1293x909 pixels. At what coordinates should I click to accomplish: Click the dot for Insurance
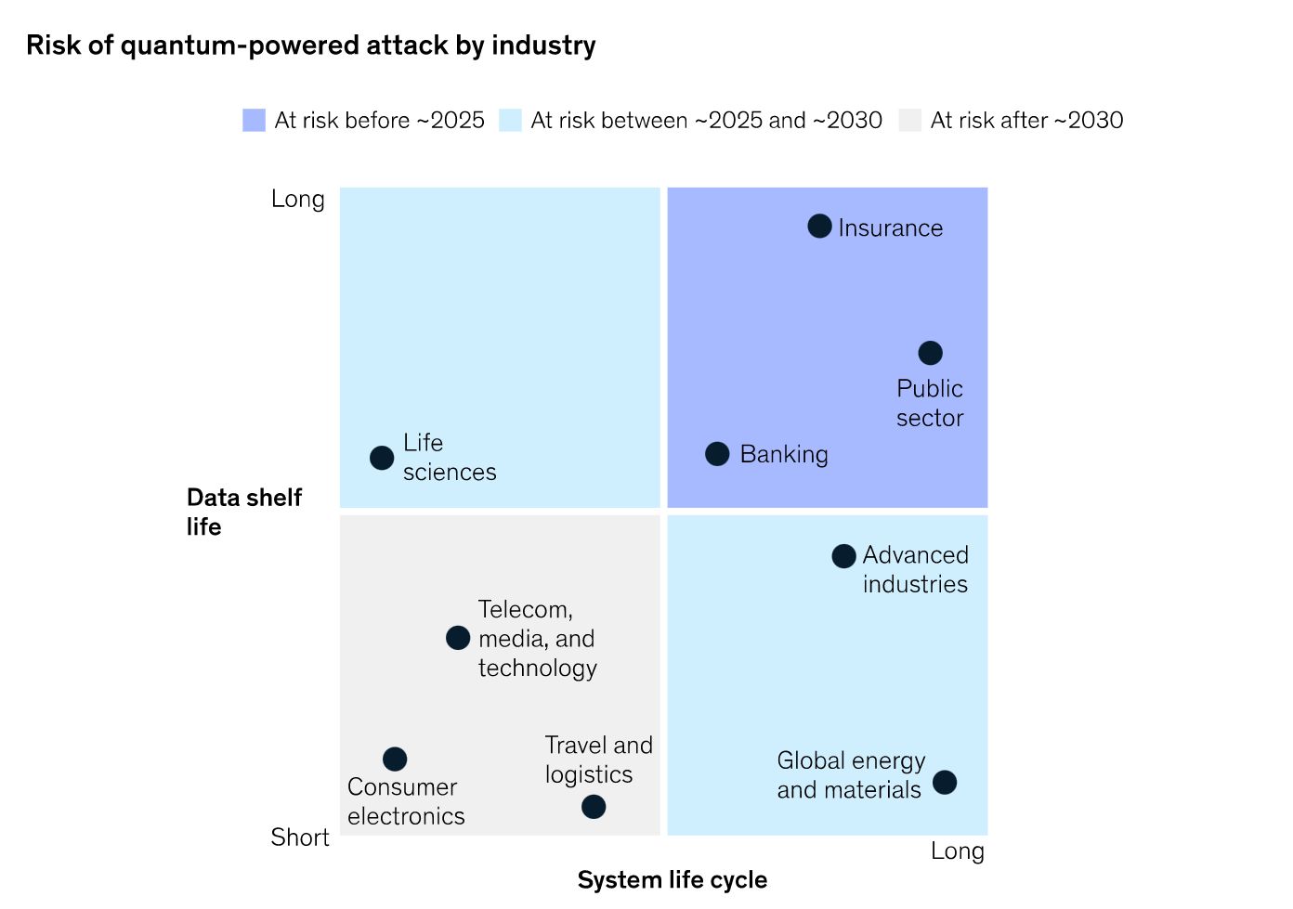[x=819, y=226]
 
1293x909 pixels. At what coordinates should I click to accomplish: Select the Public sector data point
[x=930, y=353]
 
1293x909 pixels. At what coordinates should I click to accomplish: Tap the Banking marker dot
[x=717, y=453]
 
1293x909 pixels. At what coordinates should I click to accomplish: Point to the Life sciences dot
[x=382, y=457]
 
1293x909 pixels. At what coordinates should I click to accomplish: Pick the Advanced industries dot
[x=843, y=556]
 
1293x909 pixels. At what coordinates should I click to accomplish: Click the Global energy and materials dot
[x=945, y=782]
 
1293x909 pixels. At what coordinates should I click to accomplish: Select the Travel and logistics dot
[x=594, y=806]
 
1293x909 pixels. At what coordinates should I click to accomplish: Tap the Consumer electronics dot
[x=395, y=759]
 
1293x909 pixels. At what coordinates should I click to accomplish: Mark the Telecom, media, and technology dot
[x=458, y=638]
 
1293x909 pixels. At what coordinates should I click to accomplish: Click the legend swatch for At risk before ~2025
[x=254, y=121]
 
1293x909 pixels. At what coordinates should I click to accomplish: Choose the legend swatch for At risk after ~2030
[x=910, y=121]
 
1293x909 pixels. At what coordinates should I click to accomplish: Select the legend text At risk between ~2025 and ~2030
[x=706, y=121]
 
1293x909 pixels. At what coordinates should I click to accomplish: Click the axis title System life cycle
[x=672, y=879]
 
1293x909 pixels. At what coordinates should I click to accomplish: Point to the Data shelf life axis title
[x=243, y=512]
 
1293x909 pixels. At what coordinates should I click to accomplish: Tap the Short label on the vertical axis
[x=299, y=838]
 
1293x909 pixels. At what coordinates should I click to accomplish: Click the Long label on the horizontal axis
[x=957, y=851]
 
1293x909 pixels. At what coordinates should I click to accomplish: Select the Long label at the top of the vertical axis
[x=297, y=199]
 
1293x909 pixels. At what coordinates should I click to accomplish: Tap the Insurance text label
[x=890, y=227]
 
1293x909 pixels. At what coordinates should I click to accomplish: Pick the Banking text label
[x=784, y=454]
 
